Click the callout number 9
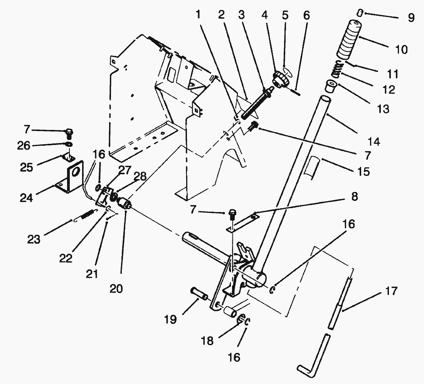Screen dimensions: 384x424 pyautogui.click(x=411, y=18)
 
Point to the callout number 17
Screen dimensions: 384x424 pyautogui.click(x=391, y=291)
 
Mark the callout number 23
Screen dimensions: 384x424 pyautogui.click(x=34, y=239)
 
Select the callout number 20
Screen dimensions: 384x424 pyautogui.click(x=116, y=288)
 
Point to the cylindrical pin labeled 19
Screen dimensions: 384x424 pyautogui.click(x=199, y=293)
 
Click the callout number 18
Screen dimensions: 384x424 pyautogui.click(x=207, y=341)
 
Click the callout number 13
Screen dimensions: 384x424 pyautogui.click(x=383, y=109)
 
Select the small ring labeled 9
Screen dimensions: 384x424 pyautogui.click(x=359, y=13)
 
